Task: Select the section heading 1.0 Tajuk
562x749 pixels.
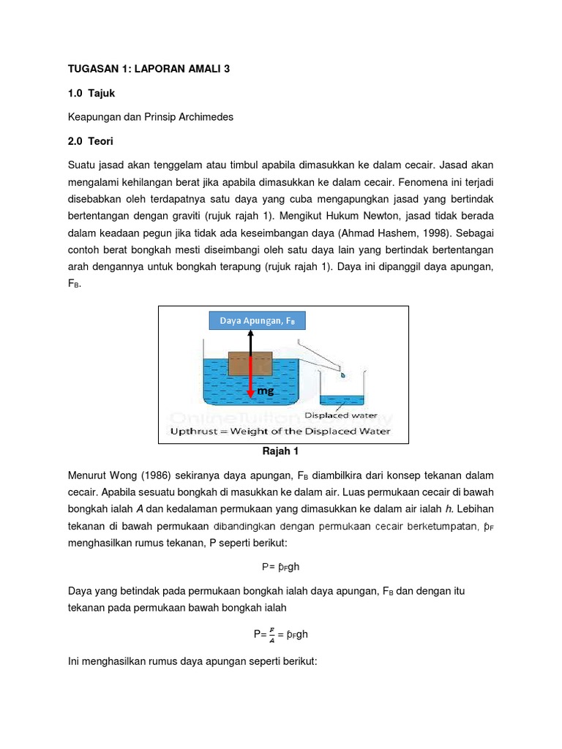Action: tap(91, 93)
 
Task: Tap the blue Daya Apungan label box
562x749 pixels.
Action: tap(257, 320)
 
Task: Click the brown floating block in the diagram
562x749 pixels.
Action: tap(250, 363)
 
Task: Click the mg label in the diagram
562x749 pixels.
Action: tap(265, 391)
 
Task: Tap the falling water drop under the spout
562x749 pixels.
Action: tap(342, 374)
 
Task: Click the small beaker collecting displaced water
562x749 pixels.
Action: tap(341, 388)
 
